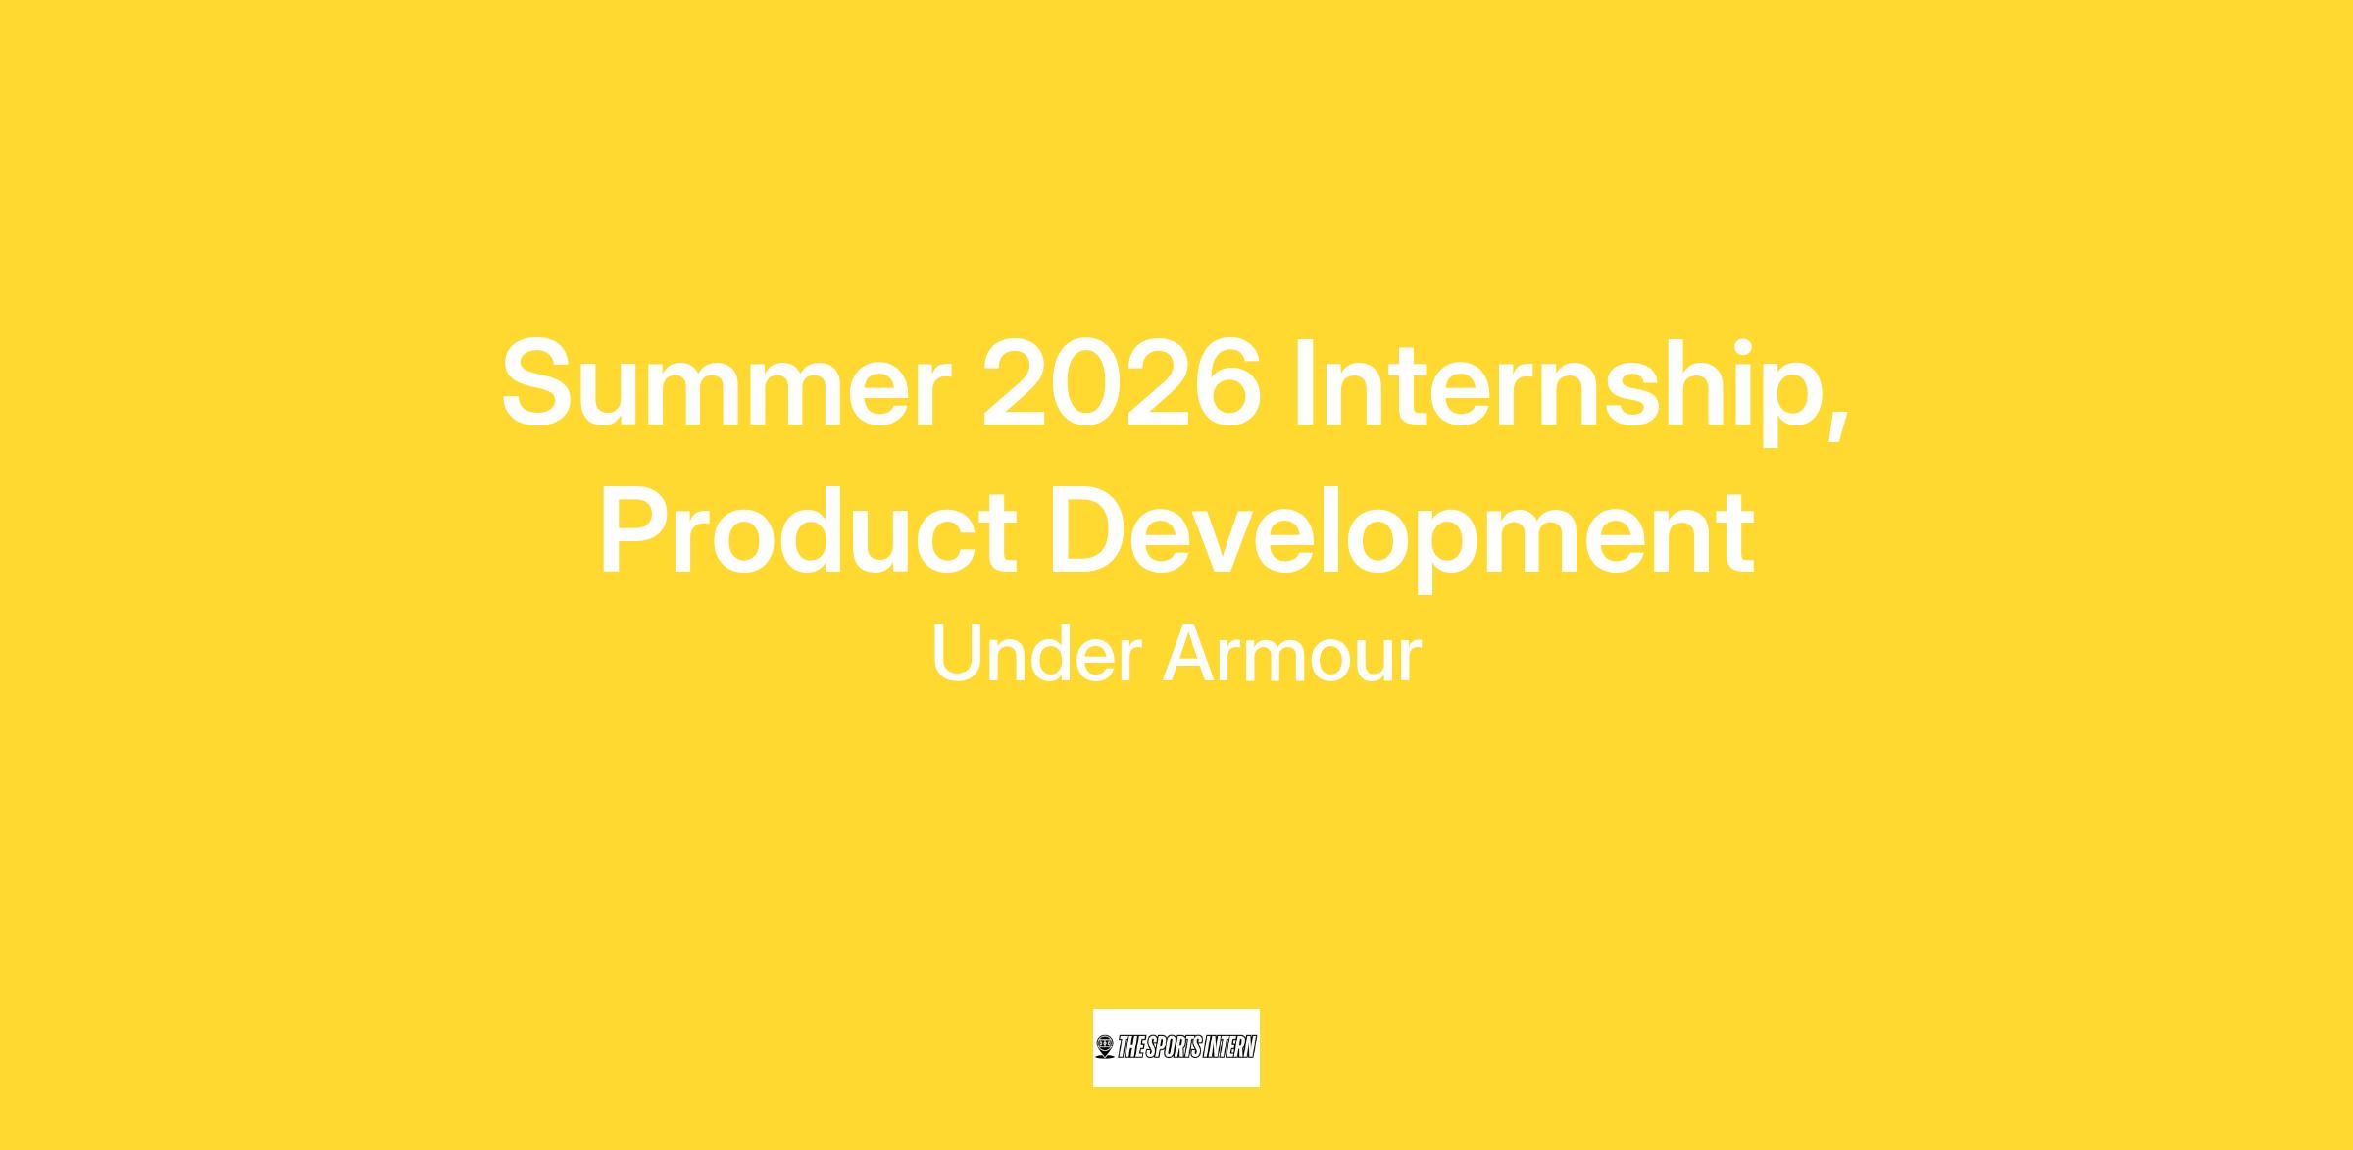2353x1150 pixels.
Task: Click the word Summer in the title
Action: tap(726, 382)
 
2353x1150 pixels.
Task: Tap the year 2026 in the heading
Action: tap(1122, 382)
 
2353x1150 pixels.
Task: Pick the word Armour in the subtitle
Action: tap(1292, 653)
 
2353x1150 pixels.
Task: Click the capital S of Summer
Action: tap(542, 382)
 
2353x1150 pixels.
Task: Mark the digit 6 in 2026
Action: tap(1226, 382)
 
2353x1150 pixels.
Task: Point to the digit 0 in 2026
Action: tap(1086, 382)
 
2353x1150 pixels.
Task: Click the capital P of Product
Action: tap(637, 529)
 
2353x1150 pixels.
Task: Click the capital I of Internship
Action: tap(1304, 382)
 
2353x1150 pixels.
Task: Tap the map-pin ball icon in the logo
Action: tap(1105, 1047)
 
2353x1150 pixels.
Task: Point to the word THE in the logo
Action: tap(1131, 1047)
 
